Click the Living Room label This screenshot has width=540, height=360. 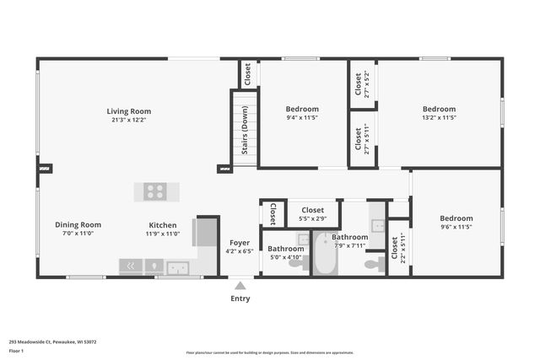(x=128, y=111)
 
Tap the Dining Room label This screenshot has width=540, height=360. (x=78, y=225)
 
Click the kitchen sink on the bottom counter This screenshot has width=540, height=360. (x=177, y=268)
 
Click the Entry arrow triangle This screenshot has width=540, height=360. (x=240, y=286)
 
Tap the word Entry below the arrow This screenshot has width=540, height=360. (x=240, y=298)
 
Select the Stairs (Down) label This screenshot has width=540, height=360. (x=245, y=132)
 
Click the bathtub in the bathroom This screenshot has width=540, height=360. (x=324, y=256)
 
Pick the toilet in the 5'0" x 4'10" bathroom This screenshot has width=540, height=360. (x=295, y=263)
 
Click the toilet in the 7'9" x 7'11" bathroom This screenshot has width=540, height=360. (x=371, y=264)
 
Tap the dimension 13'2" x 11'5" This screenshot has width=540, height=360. (x=439, y=118)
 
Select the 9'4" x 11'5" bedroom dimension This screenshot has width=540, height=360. (x=301, y=118)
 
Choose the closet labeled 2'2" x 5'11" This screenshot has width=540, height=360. (x=394, y=248)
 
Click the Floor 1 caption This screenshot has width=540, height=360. (x=16, y=351)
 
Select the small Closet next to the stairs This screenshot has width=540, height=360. (x=248, y=74)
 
